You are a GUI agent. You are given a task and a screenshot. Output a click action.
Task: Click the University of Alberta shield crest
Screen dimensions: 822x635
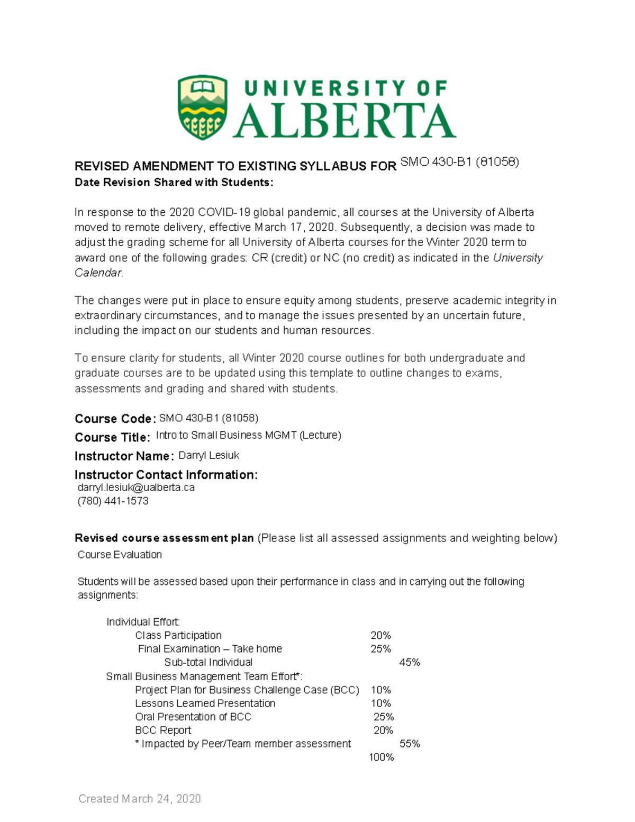(x=203, y=107)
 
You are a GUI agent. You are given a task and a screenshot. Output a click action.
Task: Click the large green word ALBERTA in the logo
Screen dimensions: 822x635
(x=344, y=121)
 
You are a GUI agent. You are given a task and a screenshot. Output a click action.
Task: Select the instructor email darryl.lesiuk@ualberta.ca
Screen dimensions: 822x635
(x=136, y=487)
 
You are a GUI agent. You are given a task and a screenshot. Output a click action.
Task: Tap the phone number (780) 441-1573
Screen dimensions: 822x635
(x=113, y=501)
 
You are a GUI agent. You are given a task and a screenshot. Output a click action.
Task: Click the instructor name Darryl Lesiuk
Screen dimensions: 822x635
(x=208, y=455)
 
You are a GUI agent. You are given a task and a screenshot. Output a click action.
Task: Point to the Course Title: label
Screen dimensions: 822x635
(x=112, y=437)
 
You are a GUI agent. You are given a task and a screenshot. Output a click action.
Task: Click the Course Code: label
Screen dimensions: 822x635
(x=115, y=419)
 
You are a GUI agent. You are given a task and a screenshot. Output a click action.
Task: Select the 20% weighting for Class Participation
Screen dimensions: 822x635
(x=380, y=635)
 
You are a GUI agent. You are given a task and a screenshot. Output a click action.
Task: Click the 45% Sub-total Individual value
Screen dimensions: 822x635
(x=410, y=662)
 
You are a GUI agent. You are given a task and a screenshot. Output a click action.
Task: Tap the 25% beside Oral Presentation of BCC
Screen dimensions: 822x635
(x=384, y=717)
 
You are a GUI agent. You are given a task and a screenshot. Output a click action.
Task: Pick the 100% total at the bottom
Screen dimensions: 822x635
(x=381, y=757)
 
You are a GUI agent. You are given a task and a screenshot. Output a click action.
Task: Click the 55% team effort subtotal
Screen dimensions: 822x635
(x=410, y=744)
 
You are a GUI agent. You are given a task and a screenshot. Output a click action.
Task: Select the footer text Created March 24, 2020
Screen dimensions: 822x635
(x=140, y=799)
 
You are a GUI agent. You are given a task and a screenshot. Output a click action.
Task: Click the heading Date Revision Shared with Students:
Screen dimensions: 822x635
(x=174, y=183)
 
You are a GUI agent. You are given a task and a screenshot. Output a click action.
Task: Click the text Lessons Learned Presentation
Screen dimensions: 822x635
(x=205, y=703)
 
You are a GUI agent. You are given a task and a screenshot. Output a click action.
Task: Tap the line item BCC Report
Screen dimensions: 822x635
(x=163, y=730)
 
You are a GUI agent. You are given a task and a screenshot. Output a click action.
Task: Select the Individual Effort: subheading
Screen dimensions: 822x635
(x=143, y=622)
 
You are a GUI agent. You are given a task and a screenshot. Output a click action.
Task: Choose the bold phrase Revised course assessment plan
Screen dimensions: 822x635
(x=164, y=538)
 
